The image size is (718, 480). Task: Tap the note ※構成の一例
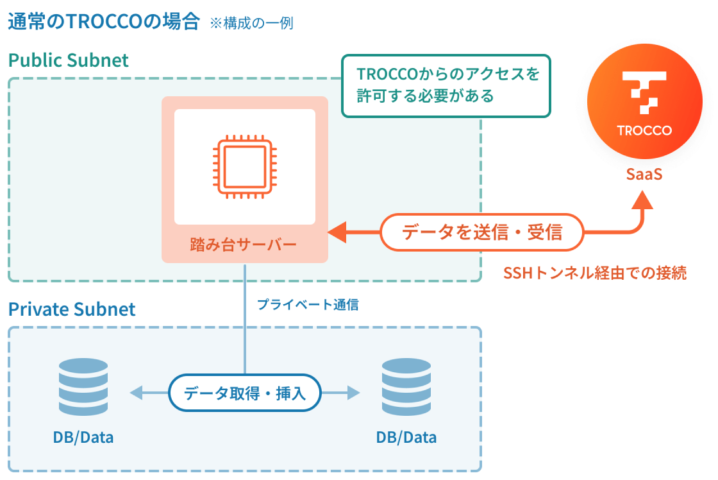pyautogui.click(x=251, y=24)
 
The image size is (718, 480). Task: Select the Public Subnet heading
pyautogui.click(x=69, y=60)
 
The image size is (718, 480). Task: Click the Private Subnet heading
pyautogui.click(x=72, y=309)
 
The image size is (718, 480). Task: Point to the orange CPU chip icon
pyautogui.click(x=244, y=167)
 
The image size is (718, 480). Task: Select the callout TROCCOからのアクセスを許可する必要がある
pyautogui.click(x=446, y=85)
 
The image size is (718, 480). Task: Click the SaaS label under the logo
pyautogui.click(x=644, y=174)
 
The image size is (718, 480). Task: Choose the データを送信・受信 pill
pyautogui.click(x=482, y=232)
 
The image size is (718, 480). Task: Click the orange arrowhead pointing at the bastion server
pyautogui.click(x=337, y=232)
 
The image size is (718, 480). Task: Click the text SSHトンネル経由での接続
pyautogui.click(x=595, y=273)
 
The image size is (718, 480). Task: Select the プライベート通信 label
pyautogui.click(x=308, y=305)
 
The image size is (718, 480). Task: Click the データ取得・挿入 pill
pyautogui.click(x=244, y=393)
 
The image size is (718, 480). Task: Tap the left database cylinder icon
pyautogui.click(x=83, y=389)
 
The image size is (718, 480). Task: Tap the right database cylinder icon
pyautogui.click(x=406, y=389)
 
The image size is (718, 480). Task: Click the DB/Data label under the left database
pyautogui.click(x=83, y=438)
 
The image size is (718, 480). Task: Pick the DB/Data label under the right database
pyautogui.click(x=406, y=438)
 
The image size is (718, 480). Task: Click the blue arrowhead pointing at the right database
pyautogui.click(x=353, y=393)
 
